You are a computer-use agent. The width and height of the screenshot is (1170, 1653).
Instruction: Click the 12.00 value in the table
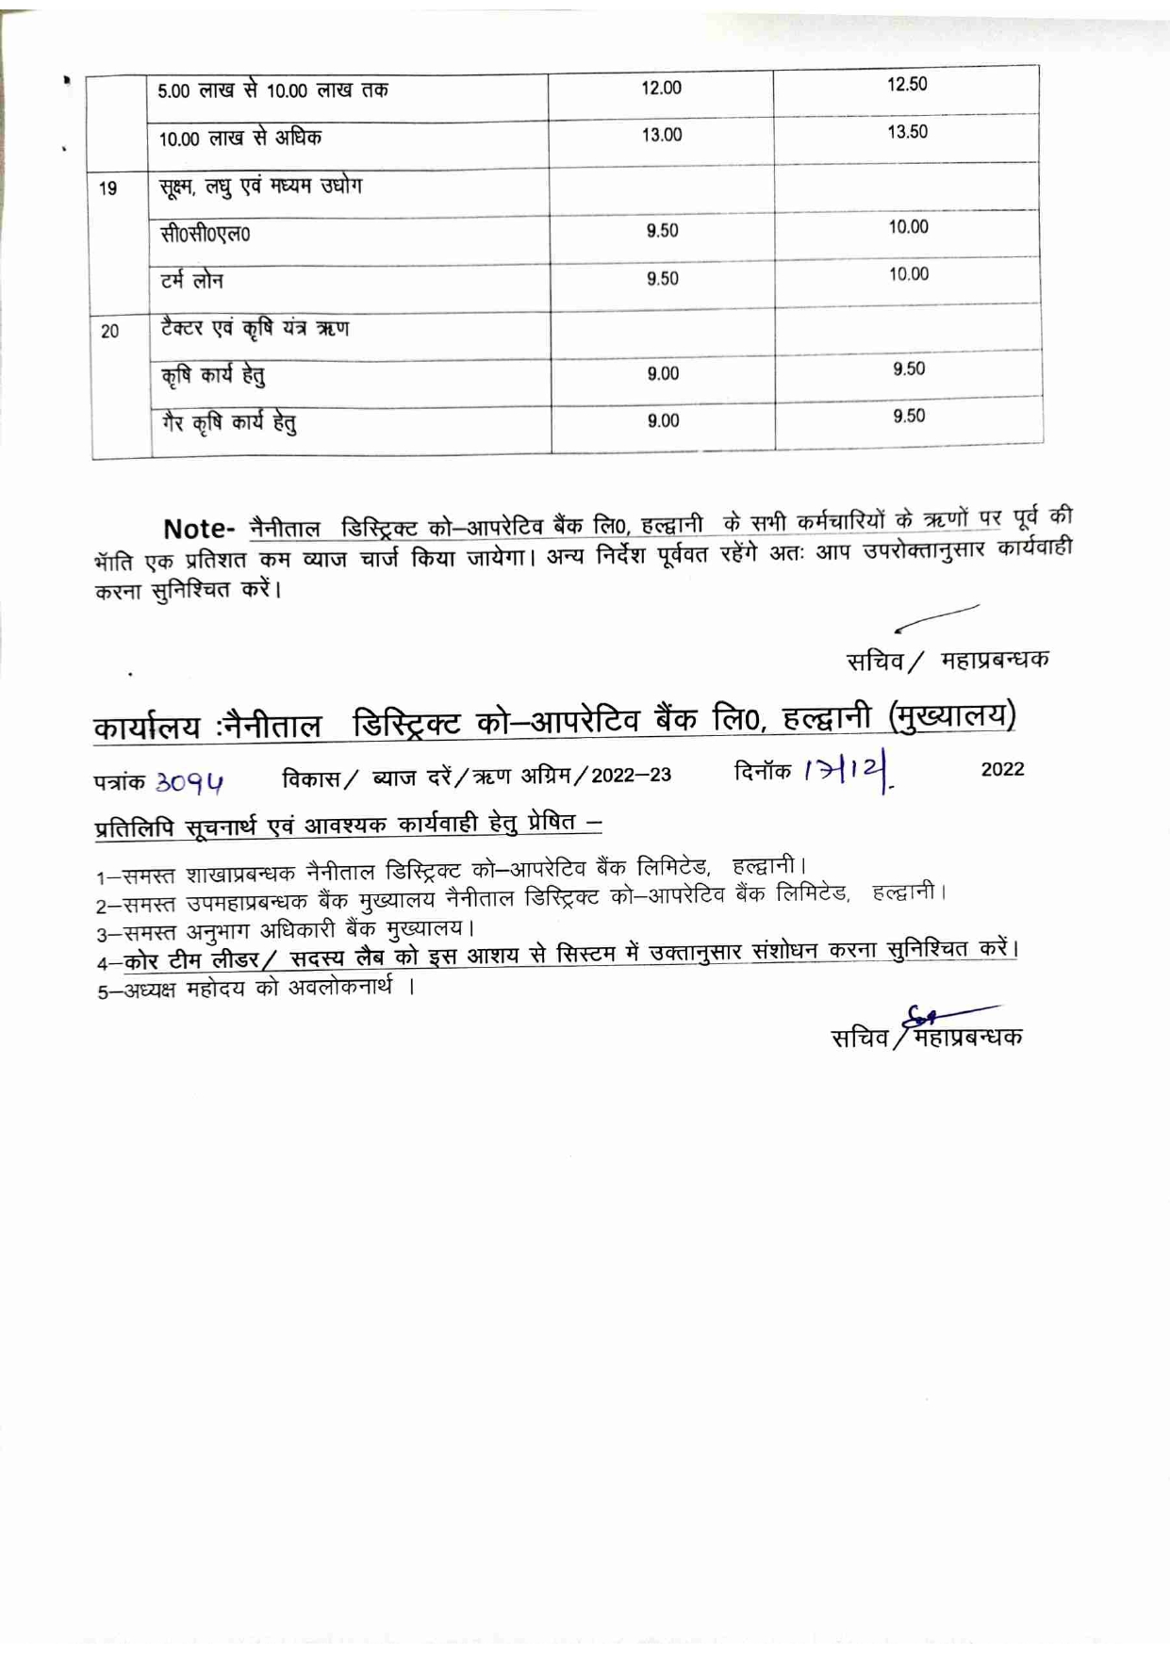(x=661, y=88)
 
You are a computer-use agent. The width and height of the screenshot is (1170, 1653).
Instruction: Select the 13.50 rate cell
(x=907, y=132)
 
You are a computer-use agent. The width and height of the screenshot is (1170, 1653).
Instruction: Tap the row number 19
(x=108, y=188)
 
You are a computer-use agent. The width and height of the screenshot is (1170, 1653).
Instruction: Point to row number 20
(x=109, y=331)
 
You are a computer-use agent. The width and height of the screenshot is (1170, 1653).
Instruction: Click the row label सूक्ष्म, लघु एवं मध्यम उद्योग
(x=260, y=186)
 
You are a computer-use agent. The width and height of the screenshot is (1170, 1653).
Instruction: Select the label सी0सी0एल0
(x=206, y=234)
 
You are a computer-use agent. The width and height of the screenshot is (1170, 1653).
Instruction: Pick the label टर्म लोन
(x=192, y=281)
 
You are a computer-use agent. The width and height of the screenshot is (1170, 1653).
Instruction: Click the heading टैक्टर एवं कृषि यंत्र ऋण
(x=255, y=328)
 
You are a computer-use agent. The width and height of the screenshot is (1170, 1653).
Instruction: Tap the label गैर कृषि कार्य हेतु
(x=229, y=422)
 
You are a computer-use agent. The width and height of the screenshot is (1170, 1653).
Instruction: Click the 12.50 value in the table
(x=907, y=84)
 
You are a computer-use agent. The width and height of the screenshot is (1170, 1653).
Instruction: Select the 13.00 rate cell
(x=662, y=135)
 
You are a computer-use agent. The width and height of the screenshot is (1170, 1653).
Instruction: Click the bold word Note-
(x=198, y=529)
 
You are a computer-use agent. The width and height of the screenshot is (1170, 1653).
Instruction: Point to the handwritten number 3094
(x=190, y=782)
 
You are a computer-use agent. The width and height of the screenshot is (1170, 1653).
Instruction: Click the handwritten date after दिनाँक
(x=848, y=773)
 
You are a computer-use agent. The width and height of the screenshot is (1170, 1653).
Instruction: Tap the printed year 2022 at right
(x=1002, y=769)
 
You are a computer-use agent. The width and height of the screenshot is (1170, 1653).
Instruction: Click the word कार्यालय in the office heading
(x=147, y=728)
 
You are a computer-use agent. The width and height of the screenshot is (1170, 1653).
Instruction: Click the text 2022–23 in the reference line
(x=632, y=776)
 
